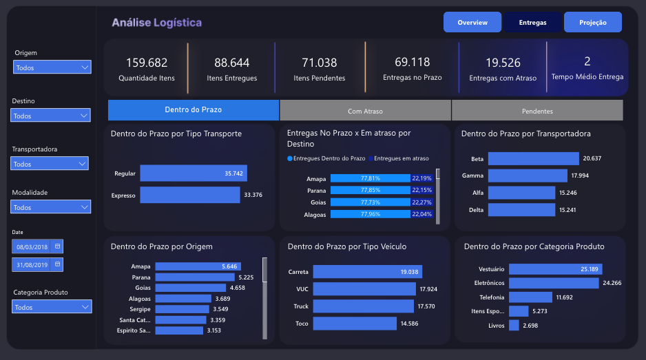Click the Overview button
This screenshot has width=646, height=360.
click(x=472, y=23)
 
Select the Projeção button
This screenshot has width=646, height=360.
click(x=592, y=23)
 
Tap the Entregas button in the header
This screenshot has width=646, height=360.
click(x=532, y=23)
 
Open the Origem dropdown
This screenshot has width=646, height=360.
click(x=52, y=67)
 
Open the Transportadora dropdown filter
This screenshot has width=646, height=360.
click(x=50, y=164)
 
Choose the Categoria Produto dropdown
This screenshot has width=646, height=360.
click(x=52, y=307)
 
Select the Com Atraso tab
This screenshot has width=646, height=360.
click(x=365, y=110)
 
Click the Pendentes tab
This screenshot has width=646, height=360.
click(x=536, y=110)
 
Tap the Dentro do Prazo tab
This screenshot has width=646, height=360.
click(x=194, y=110)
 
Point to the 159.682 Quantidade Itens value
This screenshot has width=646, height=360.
click(x=146, y=63)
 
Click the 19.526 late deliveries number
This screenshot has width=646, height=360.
click(x=502, y=63)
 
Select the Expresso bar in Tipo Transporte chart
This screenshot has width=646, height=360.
click(x=189, y=195)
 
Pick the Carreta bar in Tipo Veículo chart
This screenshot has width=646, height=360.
click(x=364, y=272)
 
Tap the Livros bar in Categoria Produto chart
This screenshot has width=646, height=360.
click(x=514, y=325)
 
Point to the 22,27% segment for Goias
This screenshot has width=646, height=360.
click(x=421, y=202)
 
